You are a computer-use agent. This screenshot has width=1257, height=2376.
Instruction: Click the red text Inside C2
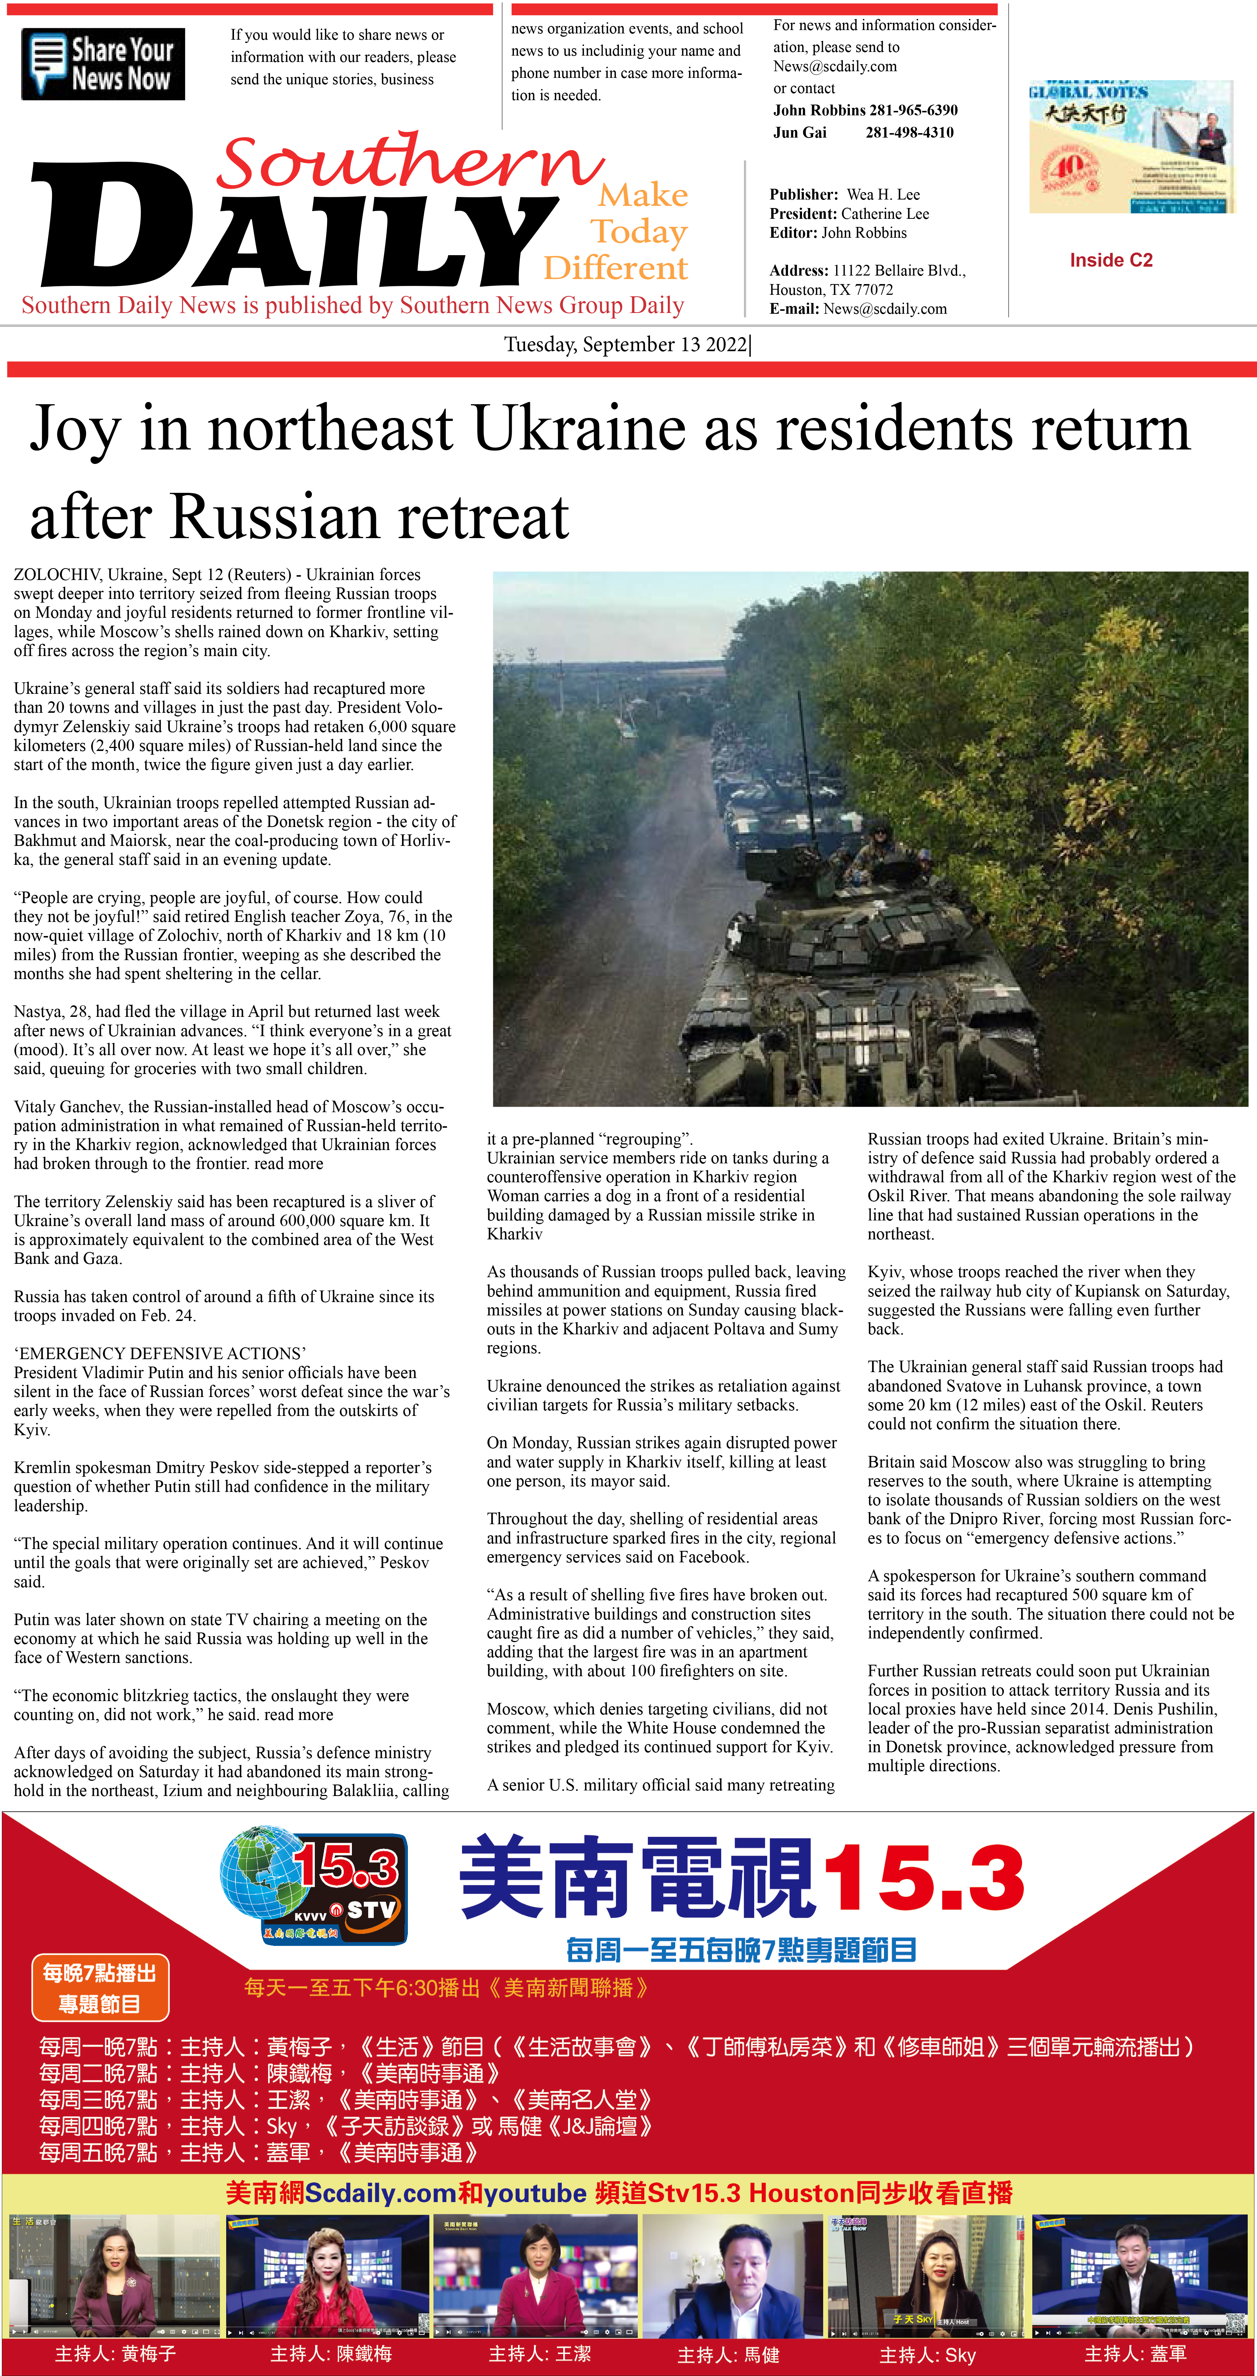[x=1111, y=260]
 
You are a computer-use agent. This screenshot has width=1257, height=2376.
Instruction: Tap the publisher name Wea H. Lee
[x=882, y=195]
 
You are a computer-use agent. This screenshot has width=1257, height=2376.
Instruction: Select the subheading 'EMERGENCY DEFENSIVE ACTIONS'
[x=159, y=1353]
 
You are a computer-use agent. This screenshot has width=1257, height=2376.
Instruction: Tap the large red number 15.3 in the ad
[x=922, y=1878]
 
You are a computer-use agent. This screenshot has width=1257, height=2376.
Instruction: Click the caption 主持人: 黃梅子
[x=115, y=2353]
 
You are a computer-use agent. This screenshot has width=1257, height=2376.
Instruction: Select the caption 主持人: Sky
[x=927, y=2355]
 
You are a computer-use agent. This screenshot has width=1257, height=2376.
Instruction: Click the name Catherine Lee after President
[x=884, y=214]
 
